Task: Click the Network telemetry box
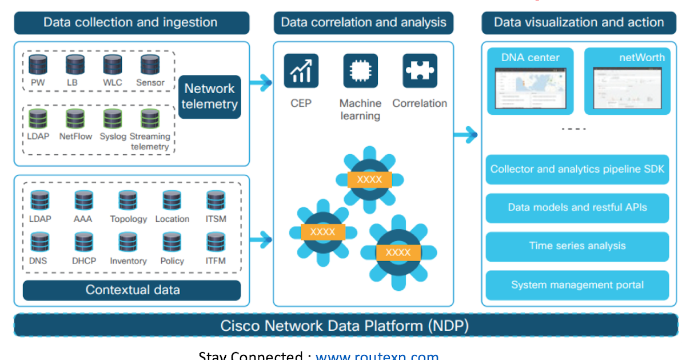coord(210,97)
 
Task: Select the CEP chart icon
coord(301,71)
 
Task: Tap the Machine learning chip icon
coord(360,71)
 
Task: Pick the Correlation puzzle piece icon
coord(420,71)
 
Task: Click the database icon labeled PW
coord(38,65)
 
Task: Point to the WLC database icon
coord(113,65)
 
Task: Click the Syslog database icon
coord(113,118)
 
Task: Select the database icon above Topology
coord(128,201)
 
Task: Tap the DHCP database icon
coord(84,242)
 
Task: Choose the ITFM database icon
coord(216,242)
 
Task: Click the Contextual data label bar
coord(132,290)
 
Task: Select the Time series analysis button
coord(577,246)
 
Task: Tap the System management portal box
coord(577,285)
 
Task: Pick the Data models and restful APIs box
coord(577,207)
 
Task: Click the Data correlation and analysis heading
coord(364,23)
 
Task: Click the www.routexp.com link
coord(377,355)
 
